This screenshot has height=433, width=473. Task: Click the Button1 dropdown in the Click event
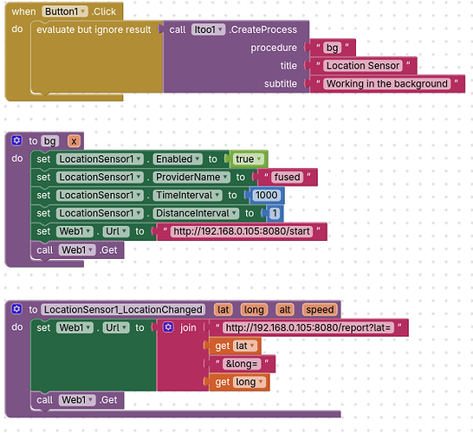coord(65,11)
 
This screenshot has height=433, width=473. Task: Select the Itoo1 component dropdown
coord(208,29)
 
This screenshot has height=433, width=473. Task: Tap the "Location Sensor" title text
coord(363,66)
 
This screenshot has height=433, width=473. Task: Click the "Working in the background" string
coord(387,83)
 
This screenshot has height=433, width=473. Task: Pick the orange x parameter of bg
coord(74,141)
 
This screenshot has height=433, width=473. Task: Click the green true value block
coord(248,158)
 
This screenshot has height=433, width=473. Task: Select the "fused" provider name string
coord(287,177)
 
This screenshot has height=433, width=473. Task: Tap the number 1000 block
coord(266,195)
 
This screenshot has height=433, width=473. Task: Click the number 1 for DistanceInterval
coord(275,213)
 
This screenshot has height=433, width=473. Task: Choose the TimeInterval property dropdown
coord(187,195)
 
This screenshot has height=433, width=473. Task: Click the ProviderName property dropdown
coord(191,177)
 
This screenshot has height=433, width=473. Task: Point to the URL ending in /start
coord(242,231)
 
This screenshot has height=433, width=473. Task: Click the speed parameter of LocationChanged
coord(320,310)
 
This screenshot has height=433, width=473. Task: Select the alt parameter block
coord(285,310)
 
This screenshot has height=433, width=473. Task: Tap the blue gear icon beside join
coord(168,327)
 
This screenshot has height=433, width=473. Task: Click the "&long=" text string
coord(242,364)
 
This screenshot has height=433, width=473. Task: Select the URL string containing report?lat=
coord(308,327)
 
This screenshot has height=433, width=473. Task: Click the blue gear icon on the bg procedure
coord(16,140)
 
